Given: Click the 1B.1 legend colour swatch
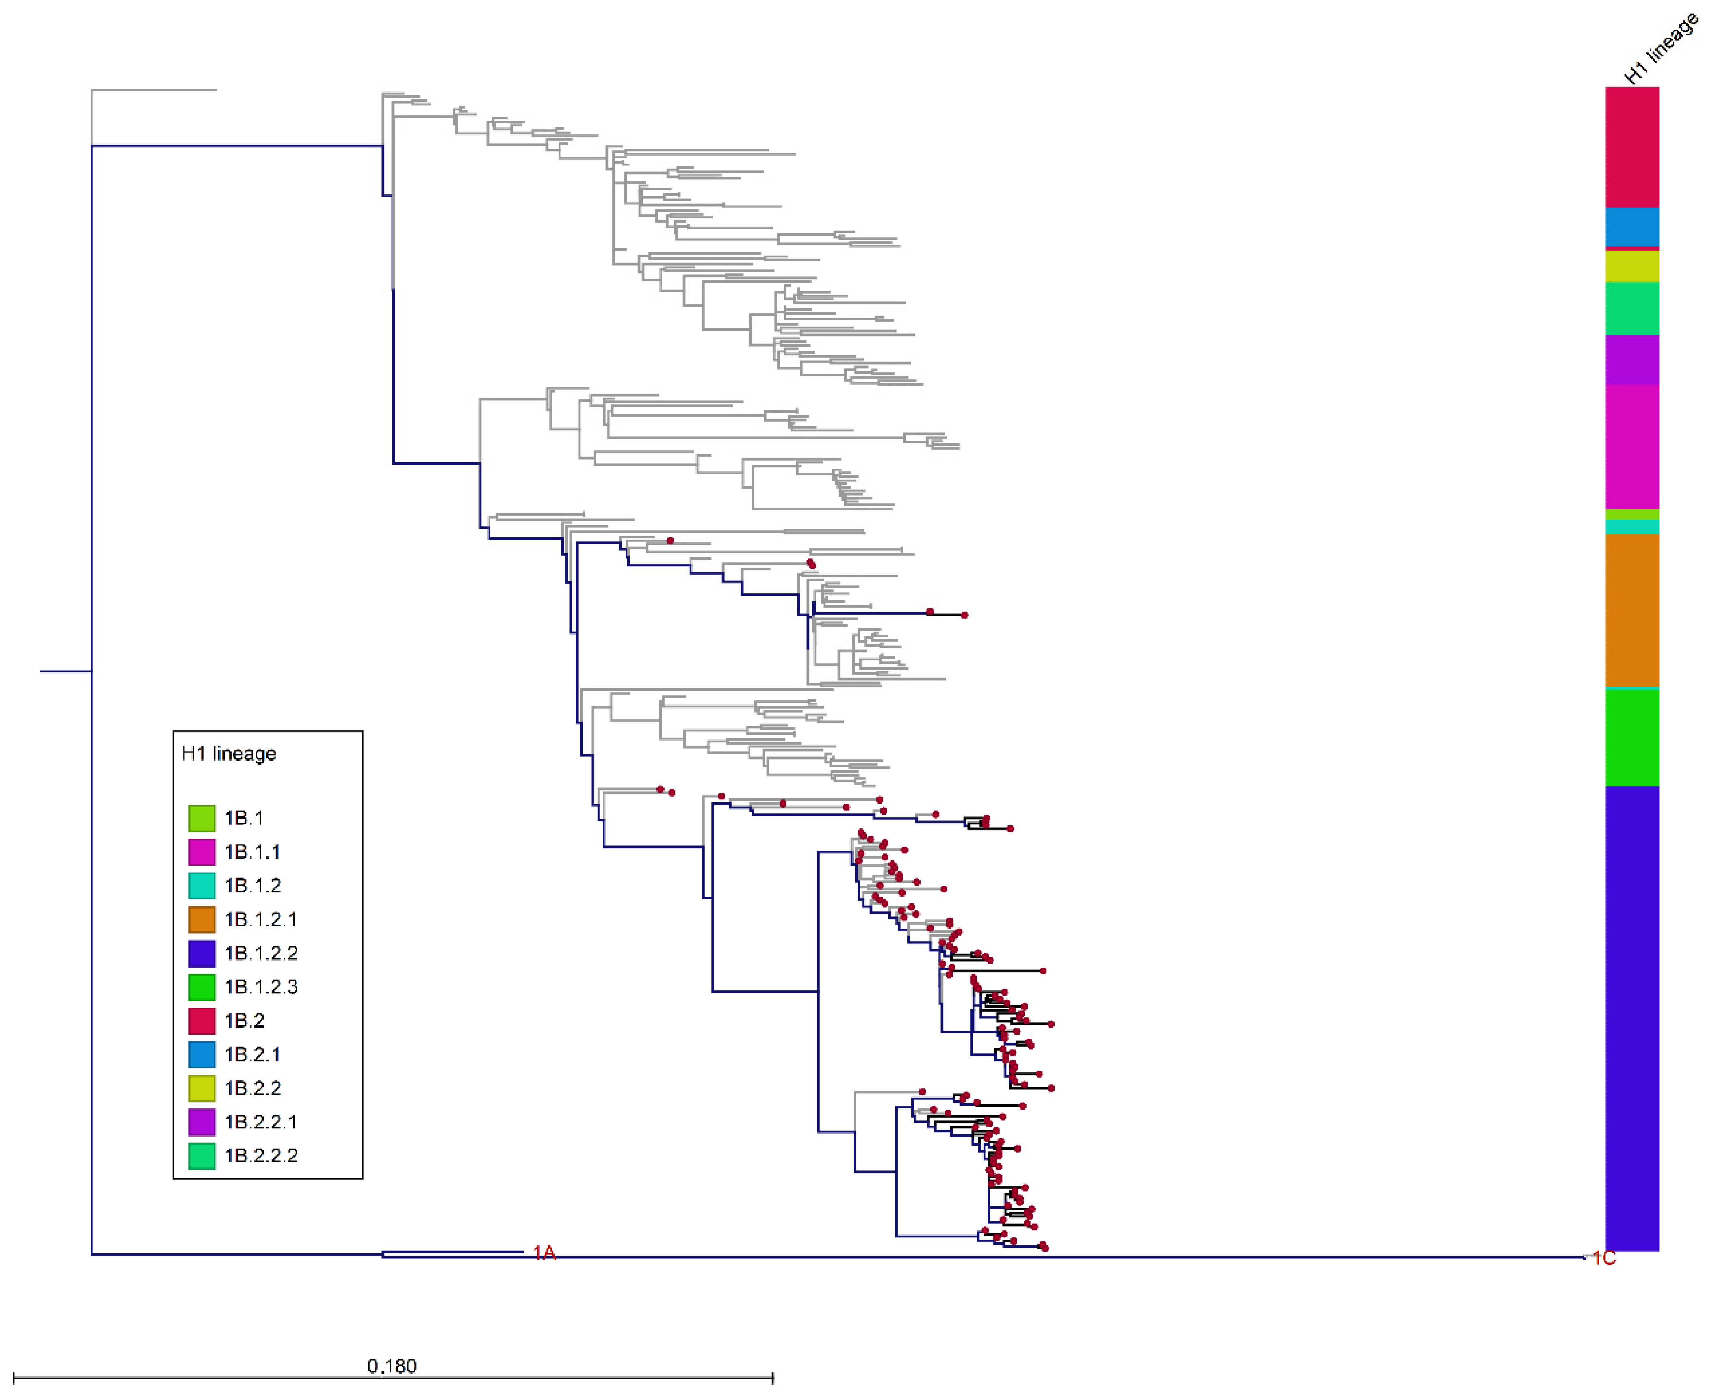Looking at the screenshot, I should [x=201, y=818].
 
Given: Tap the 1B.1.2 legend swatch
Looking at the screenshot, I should [x=201, y=886].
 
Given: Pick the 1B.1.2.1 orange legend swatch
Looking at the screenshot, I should [x=201, y=920].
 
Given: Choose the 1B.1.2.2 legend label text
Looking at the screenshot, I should [x=261, y=953].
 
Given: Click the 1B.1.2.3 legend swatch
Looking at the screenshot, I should [x=201, y=987].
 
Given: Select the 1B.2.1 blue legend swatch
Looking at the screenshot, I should [x=201, y=1055].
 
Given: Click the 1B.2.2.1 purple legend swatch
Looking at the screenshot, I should [x=201, y=1122].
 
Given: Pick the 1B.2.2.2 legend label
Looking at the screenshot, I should [x=261, y=1156].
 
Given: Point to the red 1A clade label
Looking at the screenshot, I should [x=545, y=1253].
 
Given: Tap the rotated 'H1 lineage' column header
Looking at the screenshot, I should [x=1661, y=48].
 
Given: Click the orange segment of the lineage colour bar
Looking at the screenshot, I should [x=1632, y=610].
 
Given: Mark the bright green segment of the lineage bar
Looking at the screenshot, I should [x=1632, y=737].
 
